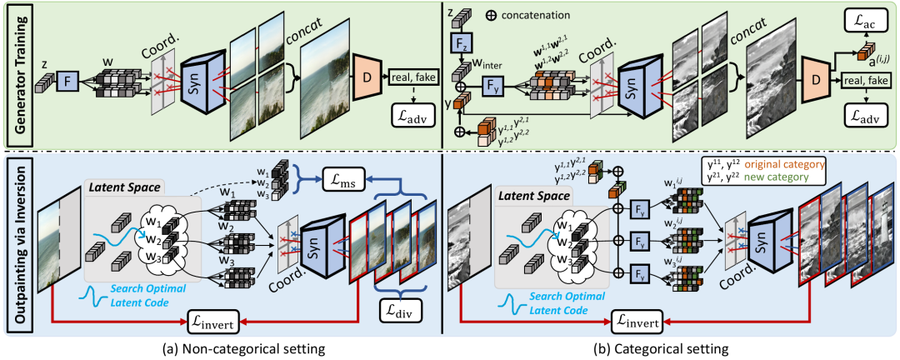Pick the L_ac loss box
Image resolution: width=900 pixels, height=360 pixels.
(867, 17)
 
